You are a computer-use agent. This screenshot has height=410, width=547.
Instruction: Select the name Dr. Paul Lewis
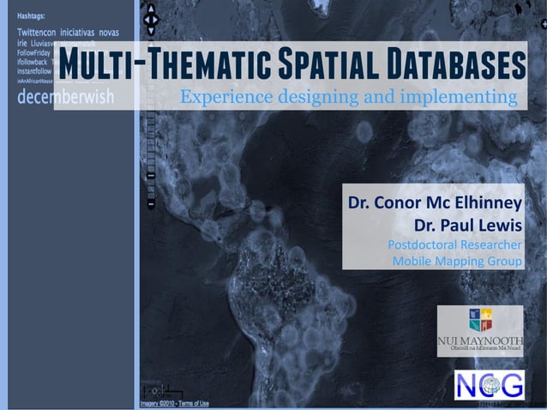[x=468, y=226]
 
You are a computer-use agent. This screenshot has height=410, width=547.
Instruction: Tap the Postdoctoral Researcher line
[x=455, y=244]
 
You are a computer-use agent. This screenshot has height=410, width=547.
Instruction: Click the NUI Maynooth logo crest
[x=480, y=320]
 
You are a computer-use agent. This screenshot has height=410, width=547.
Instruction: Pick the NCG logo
[x=490, y=385]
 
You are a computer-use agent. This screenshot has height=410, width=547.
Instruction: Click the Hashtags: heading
[x=33, y=16]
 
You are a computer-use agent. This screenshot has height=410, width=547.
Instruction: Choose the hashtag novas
[x=110, y=32]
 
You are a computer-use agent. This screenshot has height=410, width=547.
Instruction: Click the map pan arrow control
[x=151, y=19]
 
